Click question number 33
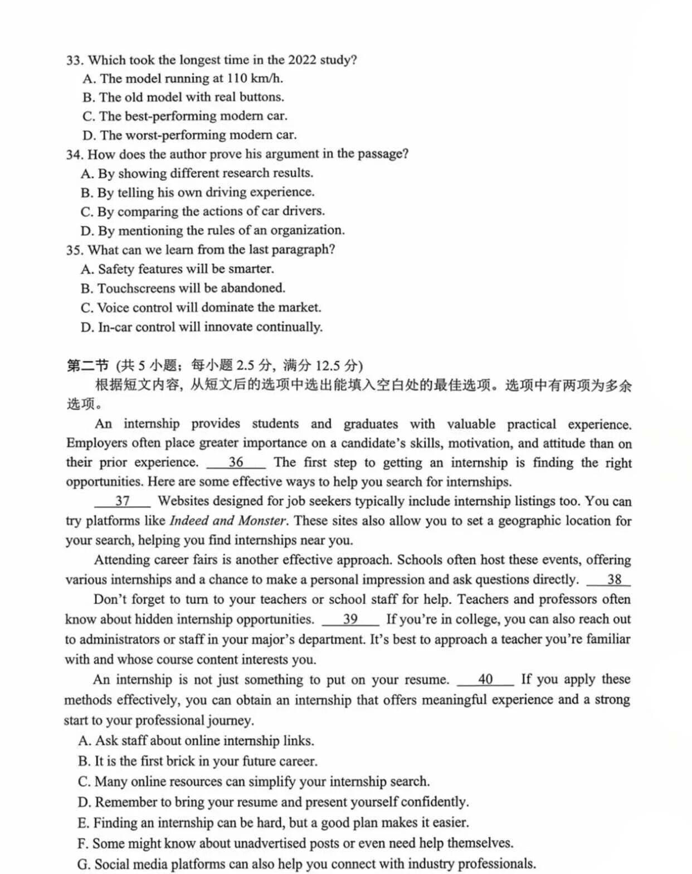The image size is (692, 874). pyautogui.click(x=74, y=60)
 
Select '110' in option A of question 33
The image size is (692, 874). pyautogui.click(x=236, y=79)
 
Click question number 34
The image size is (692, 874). pyautogui.click(x=74, y=154)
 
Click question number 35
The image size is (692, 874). pyautogui.click(x=74, y=250)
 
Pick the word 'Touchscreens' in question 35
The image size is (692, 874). pyautogui.click(x=131, y=288)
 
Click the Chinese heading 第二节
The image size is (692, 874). pyautogui.click(x=87, y=366)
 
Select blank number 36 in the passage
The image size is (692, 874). pyautogui.click(x=236, y=462)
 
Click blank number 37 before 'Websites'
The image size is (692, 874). pyautogui.click(x=123, y=501)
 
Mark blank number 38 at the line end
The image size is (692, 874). pyautogui.click(x=614, y=580)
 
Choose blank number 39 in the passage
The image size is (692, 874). pyautogui.click(x=350, y=619)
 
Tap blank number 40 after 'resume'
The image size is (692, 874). pyautogui.click(x=485, y=679)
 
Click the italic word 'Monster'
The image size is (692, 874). pyautogui.click(x=261, y=521)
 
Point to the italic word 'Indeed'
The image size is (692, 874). pyautogui.click(x=189, y=521)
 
